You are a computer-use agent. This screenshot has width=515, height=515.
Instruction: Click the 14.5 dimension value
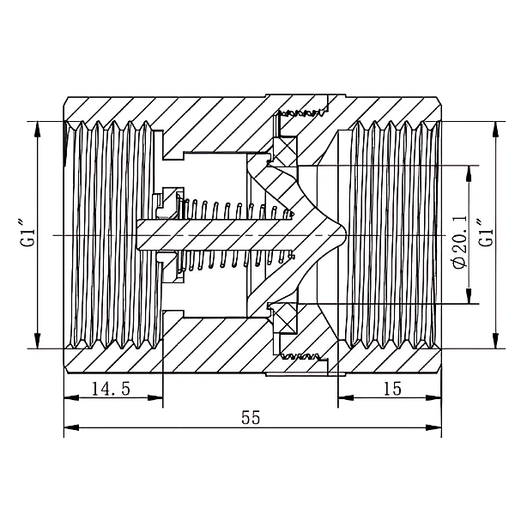[111, 389]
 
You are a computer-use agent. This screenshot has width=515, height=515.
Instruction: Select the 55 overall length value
[251, 417]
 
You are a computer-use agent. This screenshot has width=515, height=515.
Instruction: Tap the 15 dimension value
[392, 389]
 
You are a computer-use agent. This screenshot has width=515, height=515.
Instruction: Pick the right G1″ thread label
[486, 234]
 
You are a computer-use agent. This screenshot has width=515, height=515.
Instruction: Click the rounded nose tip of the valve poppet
[345, 235]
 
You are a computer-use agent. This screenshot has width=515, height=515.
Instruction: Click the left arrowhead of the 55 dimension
[71, 427]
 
